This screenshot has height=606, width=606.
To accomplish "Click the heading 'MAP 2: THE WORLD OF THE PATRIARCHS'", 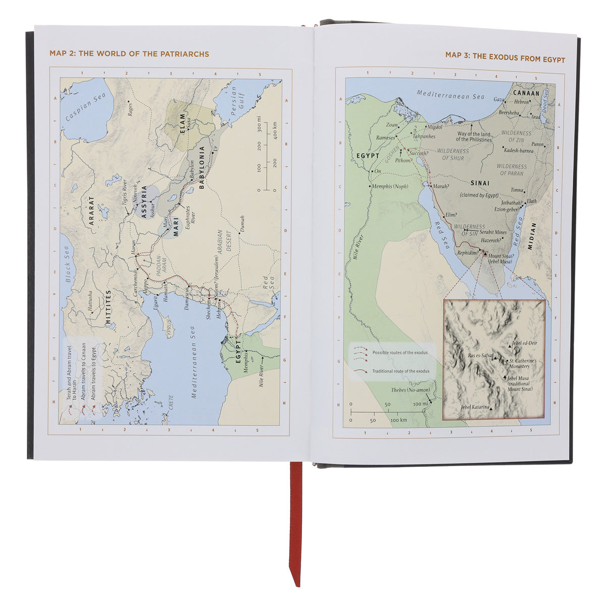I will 129,54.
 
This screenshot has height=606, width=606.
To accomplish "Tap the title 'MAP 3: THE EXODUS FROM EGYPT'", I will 505,59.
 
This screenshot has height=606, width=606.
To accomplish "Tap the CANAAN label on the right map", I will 526,93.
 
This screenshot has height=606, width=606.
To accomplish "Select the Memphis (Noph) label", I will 390,187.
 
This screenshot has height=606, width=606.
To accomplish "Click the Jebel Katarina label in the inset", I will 475,407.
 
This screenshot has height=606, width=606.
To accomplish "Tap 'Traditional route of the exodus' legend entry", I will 400,371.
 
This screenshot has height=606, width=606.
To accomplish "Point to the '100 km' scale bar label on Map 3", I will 398,420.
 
